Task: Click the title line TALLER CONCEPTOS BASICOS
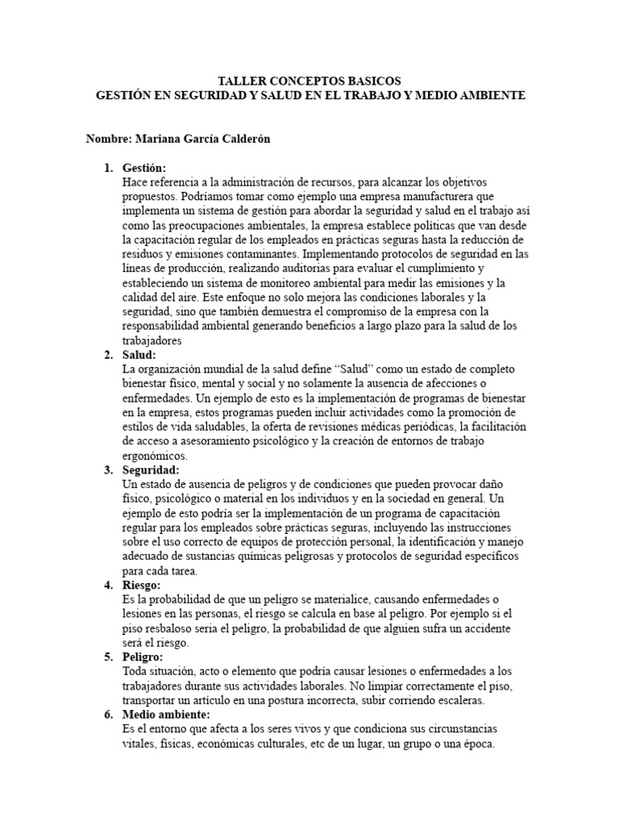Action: click(x=309, y=81)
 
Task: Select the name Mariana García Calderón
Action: click(x=202, y=139)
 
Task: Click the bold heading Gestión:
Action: click(x=144, y=168)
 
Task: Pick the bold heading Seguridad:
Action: click(x=151, y=469)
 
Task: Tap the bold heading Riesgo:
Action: click(x=142, y=585)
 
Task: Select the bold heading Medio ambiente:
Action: click(x=165, y=715)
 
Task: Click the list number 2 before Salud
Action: click(x=108, y=355)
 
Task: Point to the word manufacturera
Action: click(x=452, y=196)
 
